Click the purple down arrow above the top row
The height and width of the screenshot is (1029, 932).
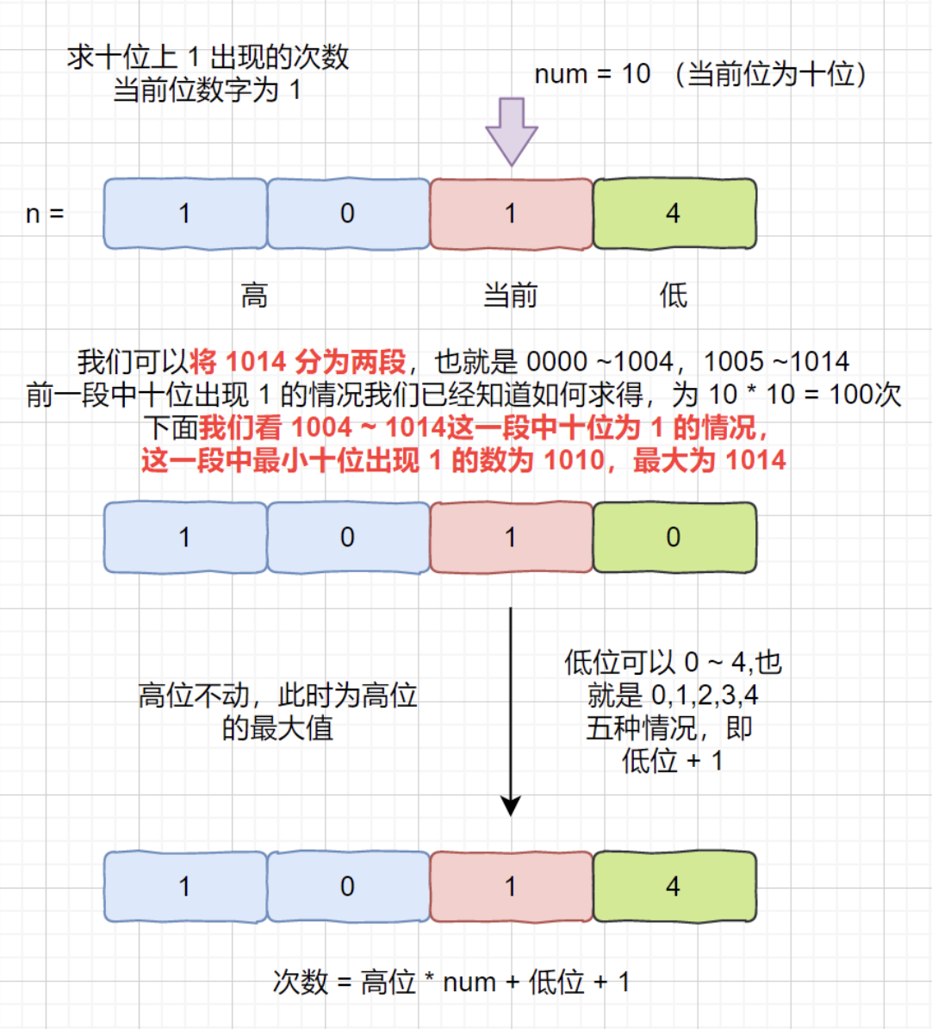512,130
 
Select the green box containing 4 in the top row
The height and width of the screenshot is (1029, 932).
674,214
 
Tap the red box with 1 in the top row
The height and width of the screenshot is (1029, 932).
511,214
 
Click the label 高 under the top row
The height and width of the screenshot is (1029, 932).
254,296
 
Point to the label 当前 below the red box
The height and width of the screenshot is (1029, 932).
510,296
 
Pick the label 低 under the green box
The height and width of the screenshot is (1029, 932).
673,296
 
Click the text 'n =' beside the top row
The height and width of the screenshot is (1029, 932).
45,214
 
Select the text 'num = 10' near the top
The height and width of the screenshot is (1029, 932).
592,74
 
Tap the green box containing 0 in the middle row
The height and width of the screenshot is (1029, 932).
674,537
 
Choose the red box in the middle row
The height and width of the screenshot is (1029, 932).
511,537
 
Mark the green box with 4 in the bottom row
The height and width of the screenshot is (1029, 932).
674,887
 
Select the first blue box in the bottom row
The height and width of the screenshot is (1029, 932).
185,887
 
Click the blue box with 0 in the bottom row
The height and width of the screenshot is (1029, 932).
348,887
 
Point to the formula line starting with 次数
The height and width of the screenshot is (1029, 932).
450,982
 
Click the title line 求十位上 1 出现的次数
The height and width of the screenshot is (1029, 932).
208,57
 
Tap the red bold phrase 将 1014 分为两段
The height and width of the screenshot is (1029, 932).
297,361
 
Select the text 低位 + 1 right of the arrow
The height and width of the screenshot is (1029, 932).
672,761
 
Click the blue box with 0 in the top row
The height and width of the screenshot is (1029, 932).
348,214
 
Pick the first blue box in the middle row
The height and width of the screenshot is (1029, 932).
185,537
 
